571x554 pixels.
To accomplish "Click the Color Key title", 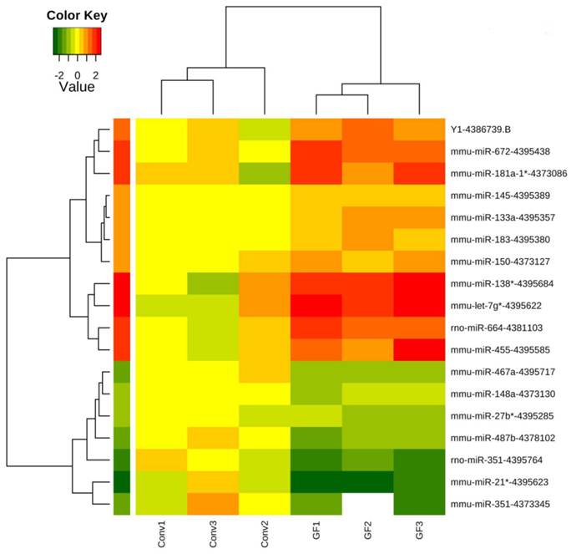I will pos(77,15).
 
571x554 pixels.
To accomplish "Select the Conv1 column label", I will pos(160,534).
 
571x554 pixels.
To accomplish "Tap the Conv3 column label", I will pos(212,534).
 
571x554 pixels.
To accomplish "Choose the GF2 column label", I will pos(367,536).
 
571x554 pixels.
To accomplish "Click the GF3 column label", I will pos(419,536).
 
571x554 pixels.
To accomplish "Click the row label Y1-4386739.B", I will pos(485,130).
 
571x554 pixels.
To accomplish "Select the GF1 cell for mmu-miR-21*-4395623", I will pos(316,480).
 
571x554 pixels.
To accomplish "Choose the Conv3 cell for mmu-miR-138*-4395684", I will pos(212,283).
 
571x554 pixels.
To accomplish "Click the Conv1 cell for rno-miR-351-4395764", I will pos(160,459).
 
